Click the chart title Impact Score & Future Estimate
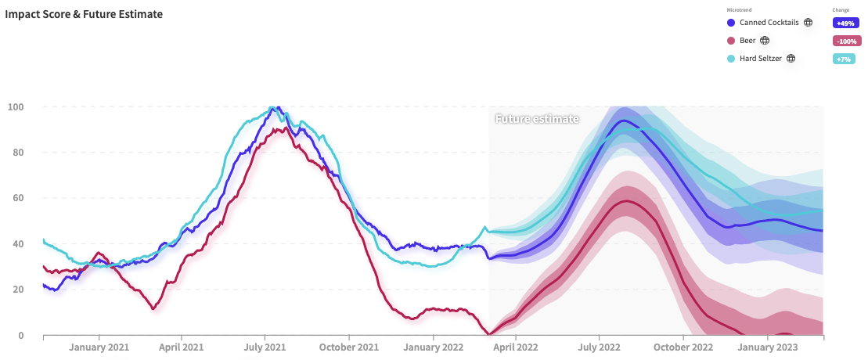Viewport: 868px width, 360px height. pos(84,14)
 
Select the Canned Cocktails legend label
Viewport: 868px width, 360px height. pos(769,23)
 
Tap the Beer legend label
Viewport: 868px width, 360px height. pos(747,40)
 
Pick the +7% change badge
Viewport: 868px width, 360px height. pos(843,59)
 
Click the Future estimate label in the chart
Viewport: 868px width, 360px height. pos(537,119)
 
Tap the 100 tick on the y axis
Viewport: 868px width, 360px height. pos(16,107)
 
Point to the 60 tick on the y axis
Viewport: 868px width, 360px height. pos(16,198)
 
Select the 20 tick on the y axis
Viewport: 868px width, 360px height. pos(16,290)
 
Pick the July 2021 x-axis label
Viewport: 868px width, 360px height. pos(265,347)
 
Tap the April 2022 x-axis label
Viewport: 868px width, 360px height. pos(515,347)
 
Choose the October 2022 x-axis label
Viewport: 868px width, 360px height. pos(683,347)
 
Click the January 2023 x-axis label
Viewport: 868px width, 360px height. pos(768,347)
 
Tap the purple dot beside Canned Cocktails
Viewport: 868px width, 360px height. pos(731,23)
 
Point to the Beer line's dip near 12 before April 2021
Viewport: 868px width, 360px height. pos(153,308)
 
